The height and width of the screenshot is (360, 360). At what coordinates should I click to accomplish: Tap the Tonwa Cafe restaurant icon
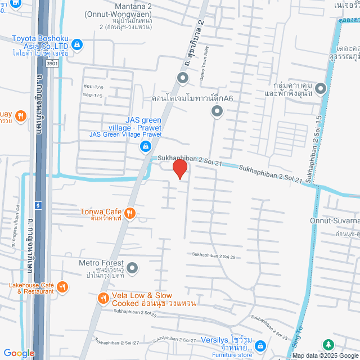130,213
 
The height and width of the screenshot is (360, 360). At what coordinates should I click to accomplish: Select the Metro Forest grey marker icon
132,268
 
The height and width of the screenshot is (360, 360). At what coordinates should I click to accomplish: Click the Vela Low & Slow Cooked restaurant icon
103,298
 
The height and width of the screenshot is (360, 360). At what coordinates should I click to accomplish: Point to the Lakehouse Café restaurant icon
63,287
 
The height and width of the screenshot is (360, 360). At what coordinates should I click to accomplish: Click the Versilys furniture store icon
258,348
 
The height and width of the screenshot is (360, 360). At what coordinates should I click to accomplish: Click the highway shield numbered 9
38,205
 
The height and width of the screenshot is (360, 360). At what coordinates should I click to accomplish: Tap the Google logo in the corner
18,353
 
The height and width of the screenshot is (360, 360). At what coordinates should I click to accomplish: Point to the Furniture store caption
232,355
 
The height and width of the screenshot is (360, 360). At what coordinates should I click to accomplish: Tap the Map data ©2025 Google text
325,355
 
